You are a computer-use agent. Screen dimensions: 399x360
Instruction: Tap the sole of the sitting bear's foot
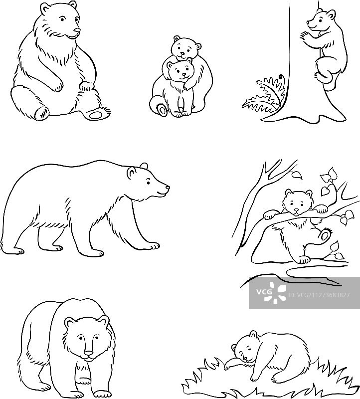(x=96, y=114)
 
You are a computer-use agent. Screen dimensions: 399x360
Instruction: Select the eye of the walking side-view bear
(x=149, y=184)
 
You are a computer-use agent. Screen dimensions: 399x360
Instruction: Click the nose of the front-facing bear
(x=88, y=356)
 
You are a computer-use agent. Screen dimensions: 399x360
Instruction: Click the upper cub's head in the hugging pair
(x=184, y=47)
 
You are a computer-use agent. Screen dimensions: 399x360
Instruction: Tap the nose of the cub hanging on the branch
(x=298, y=210)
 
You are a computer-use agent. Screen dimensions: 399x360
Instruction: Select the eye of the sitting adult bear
(x=62, y=20)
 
